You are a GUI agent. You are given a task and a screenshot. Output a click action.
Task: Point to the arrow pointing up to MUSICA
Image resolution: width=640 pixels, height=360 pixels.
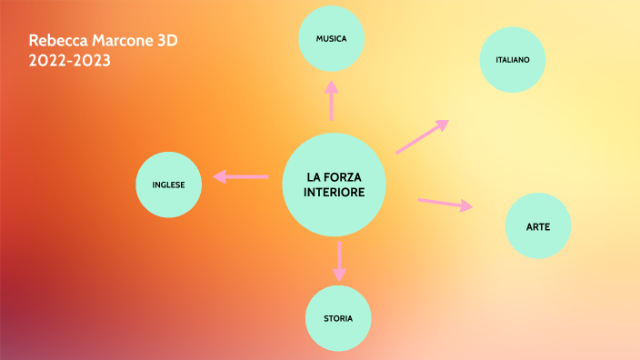tap(332, 100)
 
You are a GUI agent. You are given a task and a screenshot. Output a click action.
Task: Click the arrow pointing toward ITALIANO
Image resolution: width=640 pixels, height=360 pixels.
tap(423, 136)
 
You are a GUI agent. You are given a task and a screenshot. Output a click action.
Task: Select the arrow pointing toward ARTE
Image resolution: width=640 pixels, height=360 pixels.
tap(445, 204)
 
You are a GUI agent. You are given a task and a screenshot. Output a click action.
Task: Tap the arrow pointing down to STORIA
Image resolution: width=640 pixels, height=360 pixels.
tap(339, 260)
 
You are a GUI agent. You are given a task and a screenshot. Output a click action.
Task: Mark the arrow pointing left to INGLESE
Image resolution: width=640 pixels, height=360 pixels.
tap(240, 175)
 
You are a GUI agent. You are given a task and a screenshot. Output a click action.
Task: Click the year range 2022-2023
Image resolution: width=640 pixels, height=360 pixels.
tap(70, 60)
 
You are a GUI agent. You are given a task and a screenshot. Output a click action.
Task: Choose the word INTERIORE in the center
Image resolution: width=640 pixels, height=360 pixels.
tap(335, 193)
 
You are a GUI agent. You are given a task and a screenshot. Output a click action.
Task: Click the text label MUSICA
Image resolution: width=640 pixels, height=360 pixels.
tap(332, 39)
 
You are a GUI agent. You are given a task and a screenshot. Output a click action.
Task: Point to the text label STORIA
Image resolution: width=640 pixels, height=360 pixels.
tap(338, 319)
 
